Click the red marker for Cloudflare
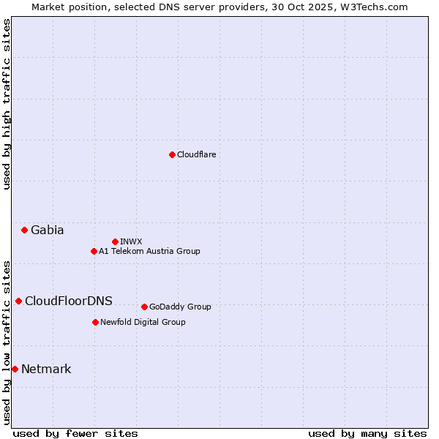point(172,154)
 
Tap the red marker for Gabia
point(24,230)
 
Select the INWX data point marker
point(115,241)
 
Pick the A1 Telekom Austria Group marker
point(94,251)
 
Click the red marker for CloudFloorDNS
point(18,301)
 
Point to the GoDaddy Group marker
point(144,307)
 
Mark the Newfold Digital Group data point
point(95,322)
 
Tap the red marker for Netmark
point(15,369)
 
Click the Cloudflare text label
point(197,154)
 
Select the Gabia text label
point(48,230)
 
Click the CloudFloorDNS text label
point(69,301)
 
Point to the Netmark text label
point(46,369)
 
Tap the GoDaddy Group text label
point(180,307)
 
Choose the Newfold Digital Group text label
point(143,322)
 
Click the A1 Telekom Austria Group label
point(149,251)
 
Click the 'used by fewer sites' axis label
point(75,433)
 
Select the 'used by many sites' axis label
point(367,433)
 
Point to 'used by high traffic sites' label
point(7,105)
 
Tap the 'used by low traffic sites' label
point(7,342)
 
